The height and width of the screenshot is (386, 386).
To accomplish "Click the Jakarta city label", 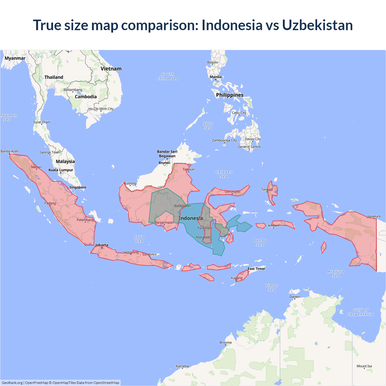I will pos(102,245).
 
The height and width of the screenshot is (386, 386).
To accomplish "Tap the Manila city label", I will pos(216,77).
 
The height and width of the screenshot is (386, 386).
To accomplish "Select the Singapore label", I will pos(78,187).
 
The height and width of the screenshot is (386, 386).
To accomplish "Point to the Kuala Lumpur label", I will pos(61,170).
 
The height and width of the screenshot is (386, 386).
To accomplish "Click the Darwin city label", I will pos(295,297).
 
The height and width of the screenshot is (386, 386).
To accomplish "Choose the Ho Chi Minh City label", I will pos(101,109).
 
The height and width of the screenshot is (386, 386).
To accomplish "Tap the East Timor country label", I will pos(257,269).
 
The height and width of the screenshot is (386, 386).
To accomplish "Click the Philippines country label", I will pos(230,95).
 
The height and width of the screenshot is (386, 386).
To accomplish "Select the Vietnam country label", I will pos(111,69).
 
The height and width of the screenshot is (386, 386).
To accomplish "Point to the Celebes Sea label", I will pos(224,174).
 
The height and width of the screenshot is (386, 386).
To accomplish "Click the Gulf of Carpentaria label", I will pos(360,312).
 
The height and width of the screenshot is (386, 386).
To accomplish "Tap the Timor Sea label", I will pos(272,288).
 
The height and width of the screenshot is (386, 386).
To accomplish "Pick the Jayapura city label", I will pos(374,216).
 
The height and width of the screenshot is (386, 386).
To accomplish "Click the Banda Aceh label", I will pos(10,151).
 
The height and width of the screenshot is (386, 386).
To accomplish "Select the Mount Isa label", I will pos(364,366).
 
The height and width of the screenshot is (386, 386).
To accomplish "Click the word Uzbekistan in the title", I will pos(317,25).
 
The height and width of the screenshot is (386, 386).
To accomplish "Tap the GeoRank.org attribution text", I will pos(12,383).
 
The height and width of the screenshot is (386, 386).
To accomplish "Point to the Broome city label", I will pos(226,343).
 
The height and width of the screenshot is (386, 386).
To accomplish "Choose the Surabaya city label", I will pos(149,254).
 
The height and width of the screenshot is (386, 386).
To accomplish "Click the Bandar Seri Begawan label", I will pos(167,154).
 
